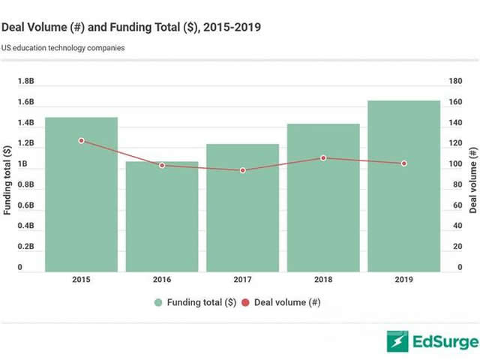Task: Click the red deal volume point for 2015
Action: click(81, 140)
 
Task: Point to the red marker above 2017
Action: click(243, 170)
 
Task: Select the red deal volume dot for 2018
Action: click(323, 157)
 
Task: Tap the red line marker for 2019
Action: click(404, 163)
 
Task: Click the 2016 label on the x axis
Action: click(162, 280)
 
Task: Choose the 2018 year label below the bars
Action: click(323, 280)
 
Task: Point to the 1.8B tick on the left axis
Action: click(25, 81)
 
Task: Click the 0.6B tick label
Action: click(25, 205)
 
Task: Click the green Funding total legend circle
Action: click(158, 302)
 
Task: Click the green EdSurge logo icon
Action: click(397, 341)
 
